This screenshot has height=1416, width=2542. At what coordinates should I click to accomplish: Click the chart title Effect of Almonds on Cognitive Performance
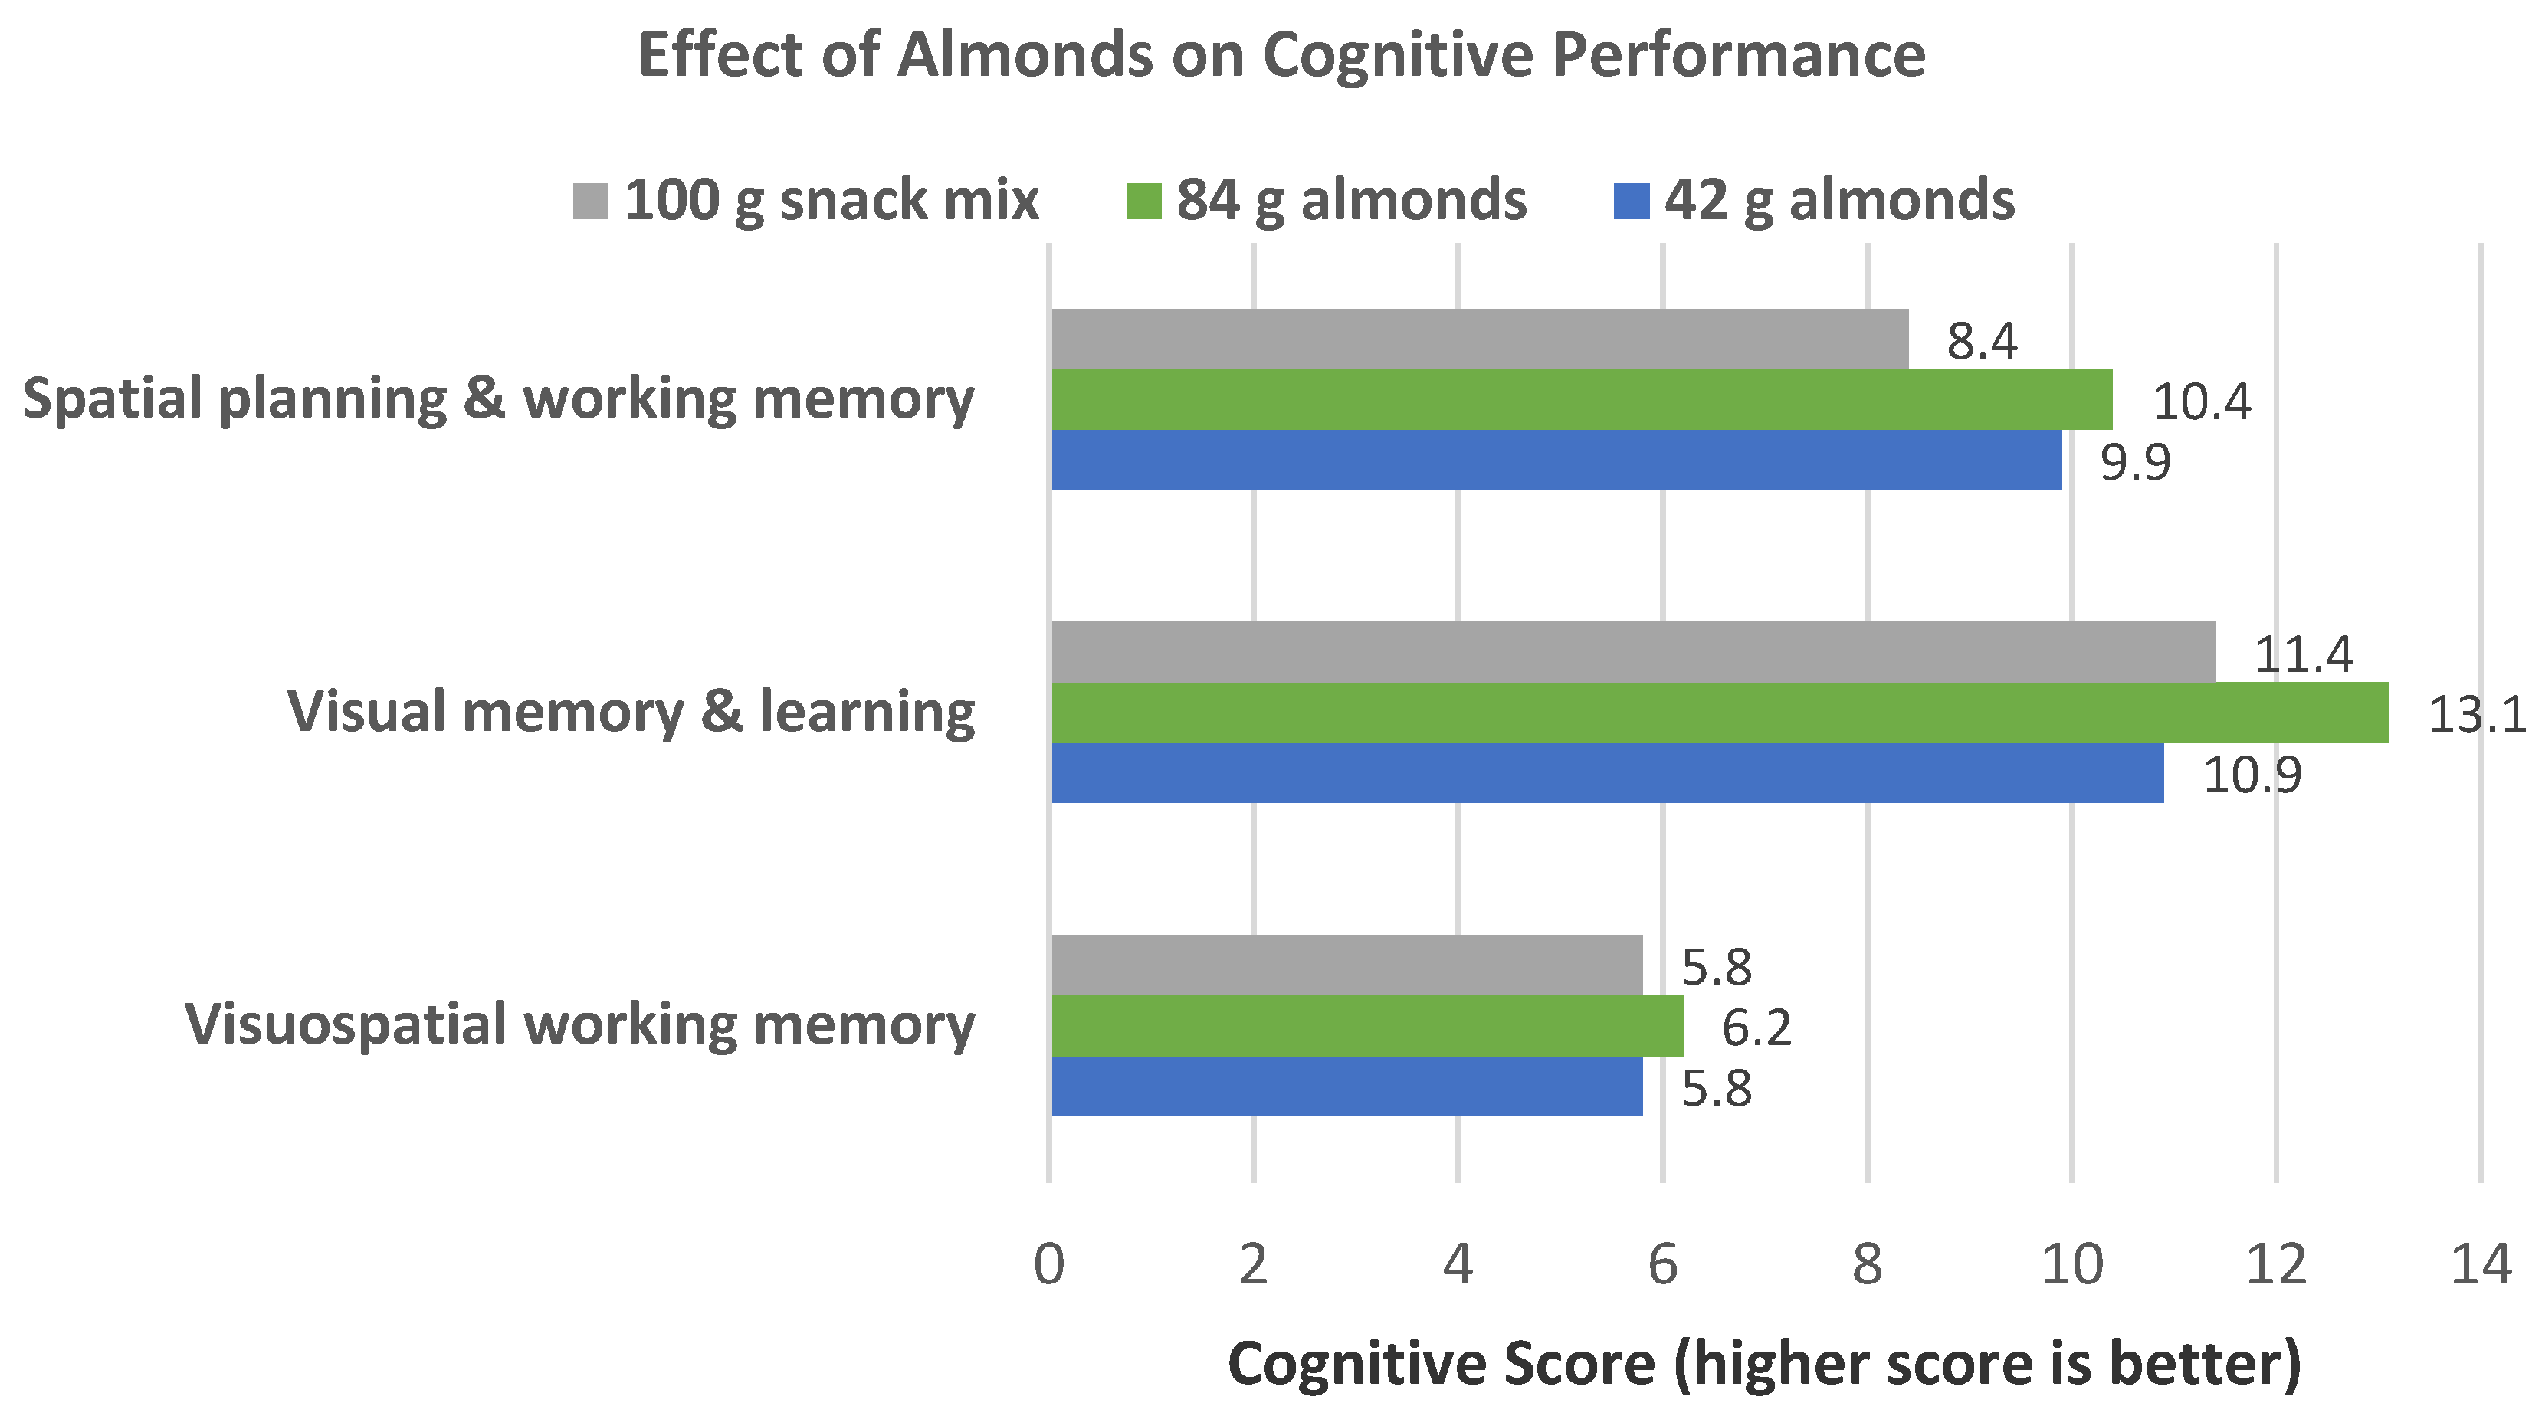[x=1281, y=55]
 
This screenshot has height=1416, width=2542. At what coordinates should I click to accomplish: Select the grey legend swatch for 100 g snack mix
[x=590, y=202]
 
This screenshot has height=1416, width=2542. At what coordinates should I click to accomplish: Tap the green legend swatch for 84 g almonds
[x=1143, y=202]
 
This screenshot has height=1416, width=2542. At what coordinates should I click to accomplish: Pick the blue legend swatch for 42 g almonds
[x=1631, y=202]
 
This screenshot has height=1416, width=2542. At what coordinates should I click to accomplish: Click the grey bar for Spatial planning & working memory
[x=1479, y=339]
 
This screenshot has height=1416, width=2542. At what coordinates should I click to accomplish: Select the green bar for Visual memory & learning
[x=1720, y=713]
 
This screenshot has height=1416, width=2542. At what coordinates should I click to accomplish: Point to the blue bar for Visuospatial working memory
[x=1347, y=1087]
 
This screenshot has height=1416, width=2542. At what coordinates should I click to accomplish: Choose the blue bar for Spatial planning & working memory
[x=1556, y=460]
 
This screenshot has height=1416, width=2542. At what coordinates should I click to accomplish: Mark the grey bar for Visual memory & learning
[x=1633, y=651]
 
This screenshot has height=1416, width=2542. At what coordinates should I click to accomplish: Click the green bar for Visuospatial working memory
[x=1366, y=1026]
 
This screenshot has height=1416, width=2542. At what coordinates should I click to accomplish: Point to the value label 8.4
[x=1982, y=342]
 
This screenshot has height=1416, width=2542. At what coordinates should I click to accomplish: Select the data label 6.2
[x=1756, y=1028]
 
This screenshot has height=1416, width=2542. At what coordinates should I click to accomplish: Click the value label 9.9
[x=2135, y=462]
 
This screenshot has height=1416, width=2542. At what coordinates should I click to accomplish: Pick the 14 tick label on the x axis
[x=2481, y=1265]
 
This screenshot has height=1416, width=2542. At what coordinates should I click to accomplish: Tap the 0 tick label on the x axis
[x=1049, y=1265]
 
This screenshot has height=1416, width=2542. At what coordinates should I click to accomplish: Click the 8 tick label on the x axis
[x=1867, y=1265]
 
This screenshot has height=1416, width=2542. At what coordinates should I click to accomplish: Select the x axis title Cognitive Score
[x=1764, y=1364]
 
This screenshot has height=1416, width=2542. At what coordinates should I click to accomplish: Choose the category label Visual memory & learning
[x=631, y=712]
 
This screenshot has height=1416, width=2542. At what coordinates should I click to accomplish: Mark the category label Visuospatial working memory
[x=580, y=1024]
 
